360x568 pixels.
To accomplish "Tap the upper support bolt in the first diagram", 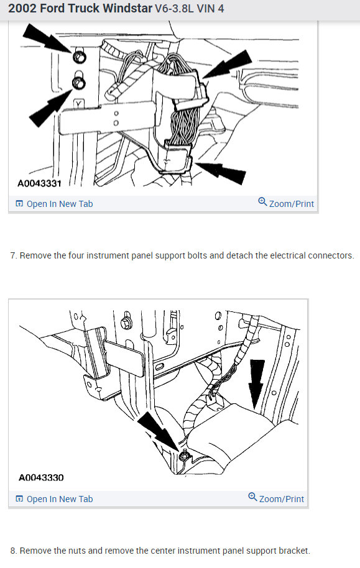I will (80, 58).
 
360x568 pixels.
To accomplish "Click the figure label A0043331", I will (39, 184).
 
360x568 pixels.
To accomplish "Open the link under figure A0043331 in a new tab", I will (59, 204).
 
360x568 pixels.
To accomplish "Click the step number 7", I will (13, 255).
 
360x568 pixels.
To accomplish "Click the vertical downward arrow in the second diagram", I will (256, 385).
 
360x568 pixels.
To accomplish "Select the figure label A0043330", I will (42, 478).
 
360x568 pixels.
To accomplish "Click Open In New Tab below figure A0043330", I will (59, 498).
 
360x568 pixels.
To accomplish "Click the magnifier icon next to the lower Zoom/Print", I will (252, 498).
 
